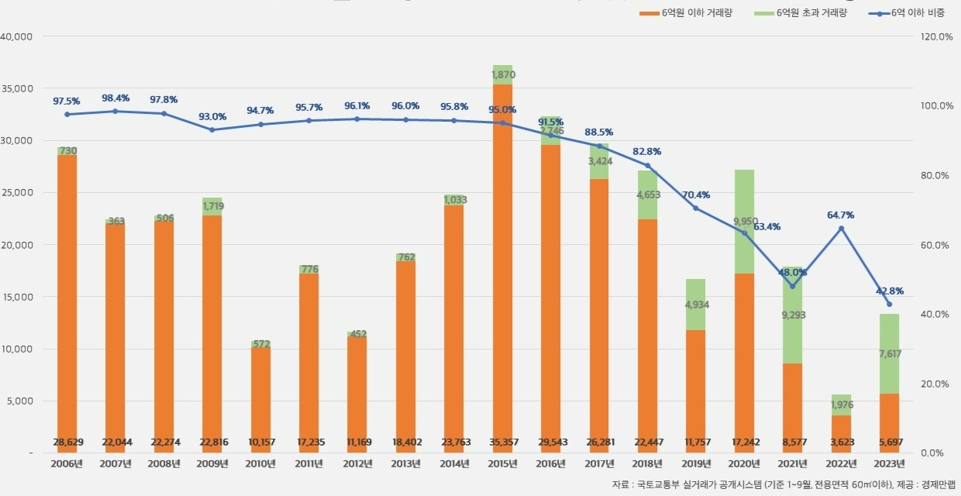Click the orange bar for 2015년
(502, 263)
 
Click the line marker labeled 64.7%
(841, 229)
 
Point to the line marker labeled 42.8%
(889, 304)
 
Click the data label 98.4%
(115, 98)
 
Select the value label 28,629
(67, 442)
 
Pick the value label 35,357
(502, 442)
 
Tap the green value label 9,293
(792, 337)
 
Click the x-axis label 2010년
(260, 464)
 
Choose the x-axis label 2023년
(889, 464)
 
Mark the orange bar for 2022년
(841, 434)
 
